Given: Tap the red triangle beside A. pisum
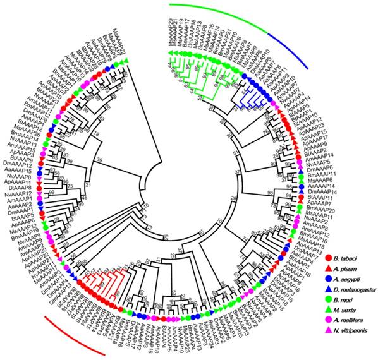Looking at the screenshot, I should [327, 267].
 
